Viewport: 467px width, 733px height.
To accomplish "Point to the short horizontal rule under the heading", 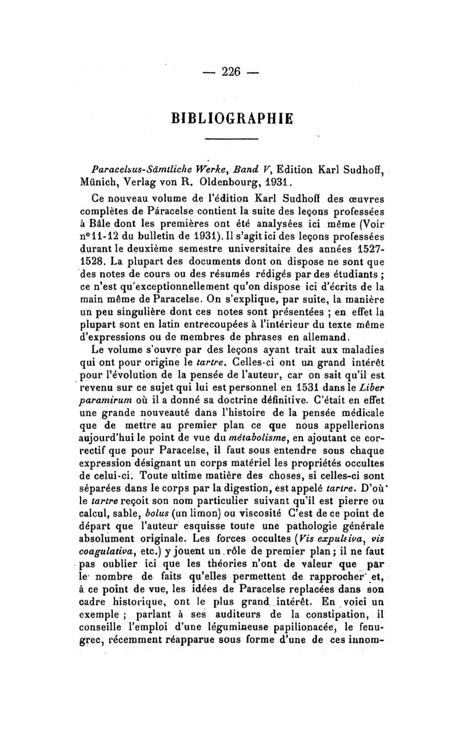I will click(232, 138).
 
